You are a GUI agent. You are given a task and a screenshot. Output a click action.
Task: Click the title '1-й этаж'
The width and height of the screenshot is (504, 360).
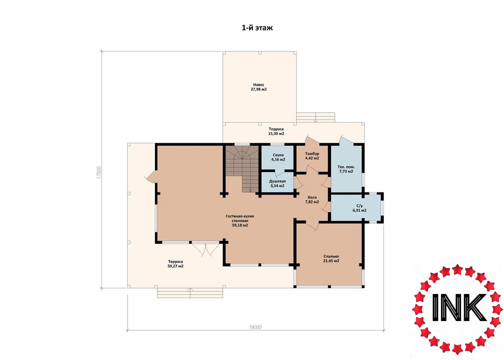pyautogui.click(x=257, y=28)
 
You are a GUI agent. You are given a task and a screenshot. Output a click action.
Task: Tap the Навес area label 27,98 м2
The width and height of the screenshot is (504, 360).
pyautogui.click(x=259, y=89)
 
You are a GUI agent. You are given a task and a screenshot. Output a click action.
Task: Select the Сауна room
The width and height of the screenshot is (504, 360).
pyautogui.click(x=278, y=158)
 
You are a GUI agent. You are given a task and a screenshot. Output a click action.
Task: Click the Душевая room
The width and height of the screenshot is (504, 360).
pyautogui.click(x=277, y=183)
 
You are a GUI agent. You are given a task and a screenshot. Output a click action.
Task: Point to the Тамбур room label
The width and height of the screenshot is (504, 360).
pyautogui.click(x=312, y=154)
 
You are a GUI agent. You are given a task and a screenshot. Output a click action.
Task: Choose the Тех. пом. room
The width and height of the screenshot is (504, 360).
pyautogui.click(x=346, y=169)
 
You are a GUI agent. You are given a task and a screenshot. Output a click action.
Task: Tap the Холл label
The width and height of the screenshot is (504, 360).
pyautogui.click(x=312, y=197)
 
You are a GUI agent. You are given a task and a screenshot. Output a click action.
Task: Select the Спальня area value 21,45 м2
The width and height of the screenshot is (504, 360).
pyautogui.click(x=331, y=261)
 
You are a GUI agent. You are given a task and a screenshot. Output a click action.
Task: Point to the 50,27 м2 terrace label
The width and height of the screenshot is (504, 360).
pyautogui.click(x=176, y=266)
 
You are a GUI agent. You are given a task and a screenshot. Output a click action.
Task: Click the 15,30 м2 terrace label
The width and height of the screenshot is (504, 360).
pyautogui.click(x=277, y=133)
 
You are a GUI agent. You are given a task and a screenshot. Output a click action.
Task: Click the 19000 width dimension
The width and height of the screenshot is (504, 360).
pyautogui.click(x=255, y=327)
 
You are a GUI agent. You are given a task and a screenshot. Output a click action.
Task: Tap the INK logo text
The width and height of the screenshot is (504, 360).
pyautogui.click(x=458, y=308)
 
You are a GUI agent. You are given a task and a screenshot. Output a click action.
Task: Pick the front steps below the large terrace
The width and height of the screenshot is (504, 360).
pyautogui.click(x=190, y=293)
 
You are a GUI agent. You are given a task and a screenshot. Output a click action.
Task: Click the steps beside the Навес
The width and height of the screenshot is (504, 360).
pyautogui.click(x=315, y=117)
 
